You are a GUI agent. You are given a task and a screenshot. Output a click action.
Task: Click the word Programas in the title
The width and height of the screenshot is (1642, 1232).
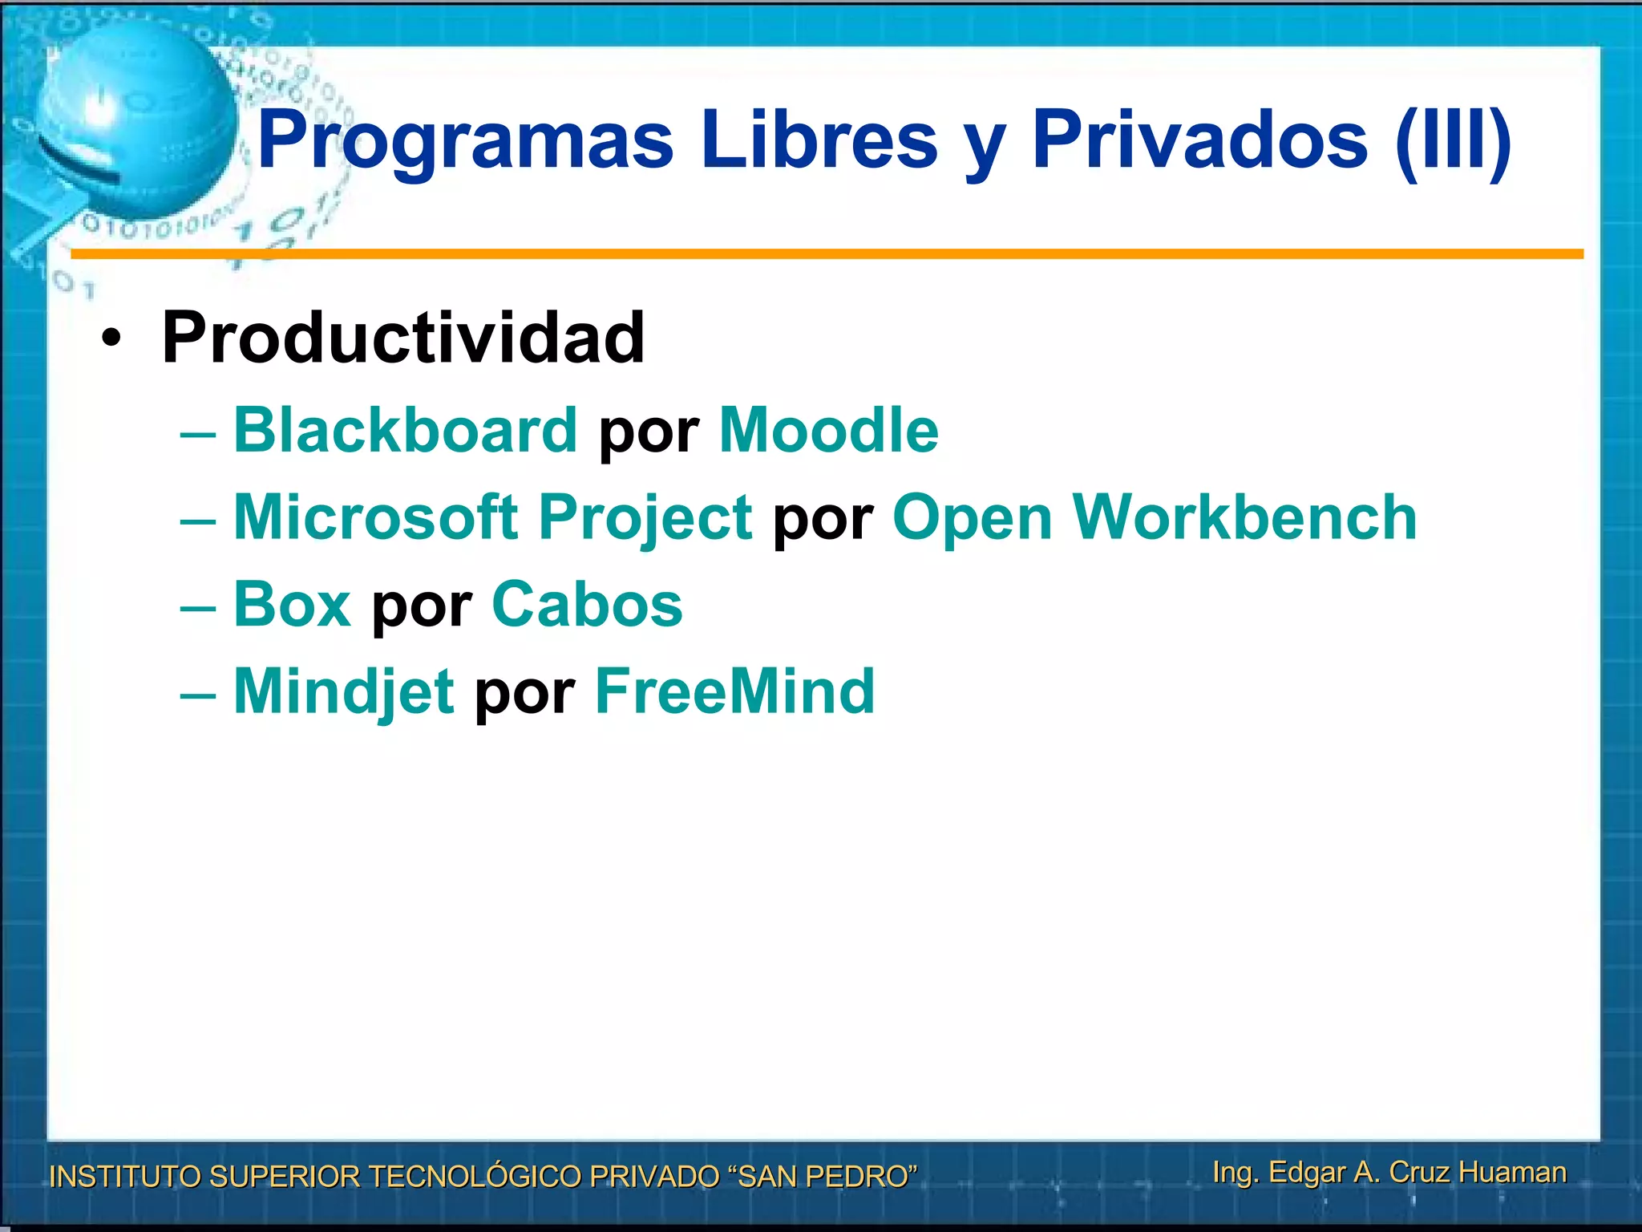[465, 141]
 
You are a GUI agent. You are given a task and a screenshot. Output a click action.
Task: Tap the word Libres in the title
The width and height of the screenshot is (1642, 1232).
[818, 141]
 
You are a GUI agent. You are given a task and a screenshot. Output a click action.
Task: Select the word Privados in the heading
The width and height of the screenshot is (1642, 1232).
[1199, 141]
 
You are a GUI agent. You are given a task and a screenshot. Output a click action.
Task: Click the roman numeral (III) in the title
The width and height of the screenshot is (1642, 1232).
[1453, 141]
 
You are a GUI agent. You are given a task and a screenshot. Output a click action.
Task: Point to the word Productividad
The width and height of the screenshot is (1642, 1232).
[402, 338]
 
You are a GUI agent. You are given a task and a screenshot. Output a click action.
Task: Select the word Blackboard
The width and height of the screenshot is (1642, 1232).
[405, 431]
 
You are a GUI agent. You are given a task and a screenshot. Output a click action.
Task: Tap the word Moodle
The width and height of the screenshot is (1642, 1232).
[828, 431]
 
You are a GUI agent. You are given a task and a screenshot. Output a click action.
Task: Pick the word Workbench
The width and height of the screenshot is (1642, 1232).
[1244, 517]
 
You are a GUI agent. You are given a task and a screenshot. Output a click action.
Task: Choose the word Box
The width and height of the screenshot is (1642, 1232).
[292, 605]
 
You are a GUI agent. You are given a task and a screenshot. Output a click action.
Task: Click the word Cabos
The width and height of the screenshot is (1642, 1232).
[587, 605]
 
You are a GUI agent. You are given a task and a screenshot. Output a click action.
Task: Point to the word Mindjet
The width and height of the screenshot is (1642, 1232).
[344, 691]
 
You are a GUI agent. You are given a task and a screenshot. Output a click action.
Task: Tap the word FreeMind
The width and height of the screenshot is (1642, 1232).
[734, 691]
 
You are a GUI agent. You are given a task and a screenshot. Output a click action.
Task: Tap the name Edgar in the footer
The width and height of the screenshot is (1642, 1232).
[1306, 1173]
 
